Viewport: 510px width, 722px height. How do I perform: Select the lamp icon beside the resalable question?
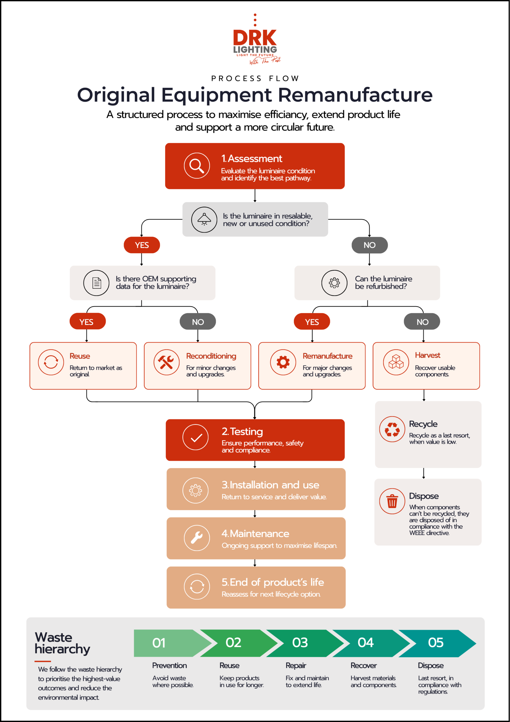tap(204, 219)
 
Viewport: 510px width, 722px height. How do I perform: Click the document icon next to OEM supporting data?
tap(96, 283)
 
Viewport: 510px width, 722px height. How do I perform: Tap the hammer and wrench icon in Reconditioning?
tap(166, 362)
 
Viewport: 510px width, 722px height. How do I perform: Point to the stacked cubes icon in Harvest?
tap(396, 362)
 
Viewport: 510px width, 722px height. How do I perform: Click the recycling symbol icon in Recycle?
tap(392, 429)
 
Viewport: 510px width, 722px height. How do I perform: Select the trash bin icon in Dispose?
tap(392, 501)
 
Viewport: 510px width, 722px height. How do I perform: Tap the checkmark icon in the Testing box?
tap(196, 437)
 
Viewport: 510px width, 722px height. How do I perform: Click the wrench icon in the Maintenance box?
tap(197, 538)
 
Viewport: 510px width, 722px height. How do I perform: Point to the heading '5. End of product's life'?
tap(273, 582)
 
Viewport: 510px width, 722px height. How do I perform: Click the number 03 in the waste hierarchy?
tap(300, 642)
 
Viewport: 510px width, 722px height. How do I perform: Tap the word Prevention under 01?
tap(169, 665)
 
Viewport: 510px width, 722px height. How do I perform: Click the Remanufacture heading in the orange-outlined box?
tap(327, 356)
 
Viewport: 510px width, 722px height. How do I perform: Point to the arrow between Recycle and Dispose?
tap(423, 473)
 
